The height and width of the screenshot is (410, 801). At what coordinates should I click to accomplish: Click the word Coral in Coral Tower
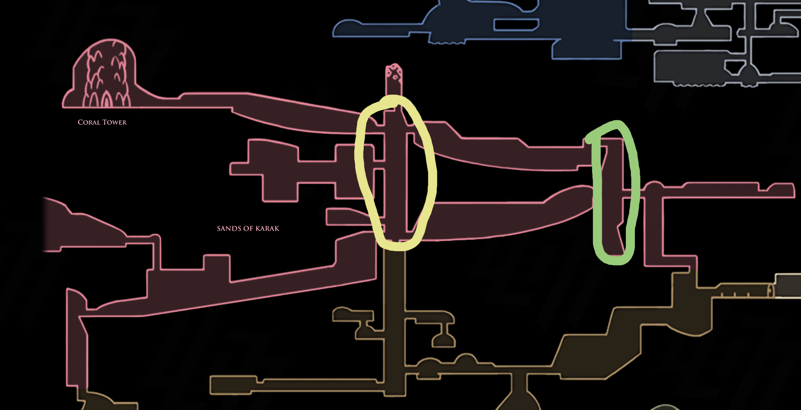89,122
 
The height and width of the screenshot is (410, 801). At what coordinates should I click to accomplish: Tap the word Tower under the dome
114,122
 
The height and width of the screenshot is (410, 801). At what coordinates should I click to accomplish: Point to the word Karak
267,228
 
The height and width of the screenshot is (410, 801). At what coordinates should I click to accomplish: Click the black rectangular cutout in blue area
516,25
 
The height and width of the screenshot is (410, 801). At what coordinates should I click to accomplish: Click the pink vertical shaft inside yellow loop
395,175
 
